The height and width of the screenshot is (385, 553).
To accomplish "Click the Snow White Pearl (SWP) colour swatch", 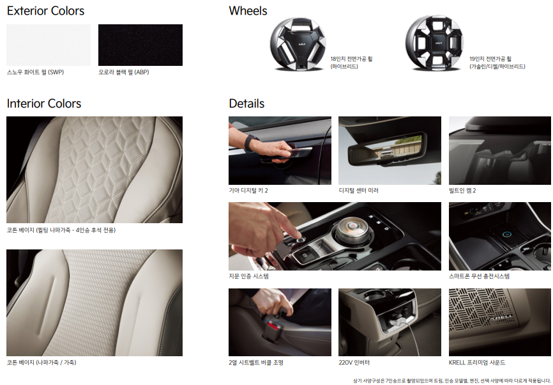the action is [49, 45].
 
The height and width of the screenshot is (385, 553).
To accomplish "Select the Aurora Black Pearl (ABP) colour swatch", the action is [140, 45].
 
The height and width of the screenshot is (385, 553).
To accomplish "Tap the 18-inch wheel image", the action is [298, 43].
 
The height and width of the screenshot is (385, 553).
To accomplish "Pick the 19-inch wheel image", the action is [434, 43].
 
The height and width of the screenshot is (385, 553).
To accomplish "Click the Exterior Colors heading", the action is [45, 11].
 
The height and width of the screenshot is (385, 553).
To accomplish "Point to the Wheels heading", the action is [248, 11].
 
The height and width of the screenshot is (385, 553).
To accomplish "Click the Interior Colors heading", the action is [44, 104].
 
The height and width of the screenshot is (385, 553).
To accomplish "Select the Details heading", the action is [246, 104].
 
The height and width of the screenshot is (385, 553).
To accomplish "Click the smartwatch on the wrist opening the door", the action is [252, 141].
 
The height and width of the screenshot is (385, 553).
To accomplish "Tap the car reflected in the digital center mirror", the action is [386, 152].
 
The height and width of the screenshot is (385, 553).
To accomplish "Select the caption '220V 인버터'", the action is [354, 363].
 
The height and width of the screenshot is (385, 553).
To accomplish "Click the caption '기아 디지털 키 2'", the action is [248, 191].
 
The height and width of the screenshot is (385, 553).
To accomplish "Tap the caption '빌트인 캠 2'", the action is [462, 191].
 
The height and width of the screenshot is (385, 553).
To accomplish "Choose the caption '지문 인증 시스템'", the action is [248, 276].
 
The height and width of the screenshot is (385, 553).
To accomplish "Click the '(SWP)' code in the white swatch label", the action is [56, 72].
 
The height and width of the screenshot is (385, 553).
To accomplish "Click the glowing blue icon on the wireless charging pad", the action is [507, 233].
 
